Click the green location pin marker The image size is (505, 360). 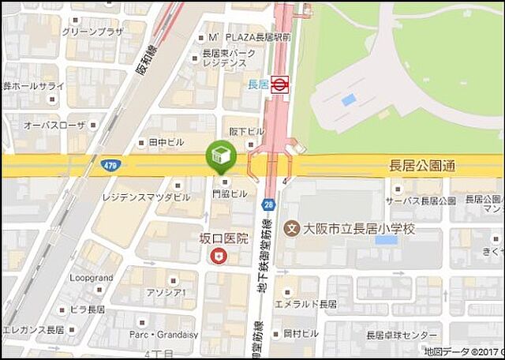pos(221,157)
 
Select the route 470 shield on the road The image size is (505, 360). pos(110,165)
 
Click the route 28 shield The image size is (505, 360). pos(268,204)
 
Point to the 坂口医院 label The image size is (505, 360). pos(223,238)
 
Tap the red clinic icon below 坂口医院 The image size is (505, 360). pos(218,256)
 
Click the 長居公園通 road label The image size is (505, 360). pos(423,167)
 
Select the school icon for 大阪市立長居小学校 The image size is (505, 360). pos(292,229)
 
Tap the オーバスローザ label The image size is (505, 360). pos(54,125)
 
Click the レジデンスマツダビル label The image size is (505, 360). pos(147,195)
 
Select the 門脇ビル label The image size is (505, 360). pos(229,193)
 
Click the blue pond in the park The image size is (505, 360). pos(347,100)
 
